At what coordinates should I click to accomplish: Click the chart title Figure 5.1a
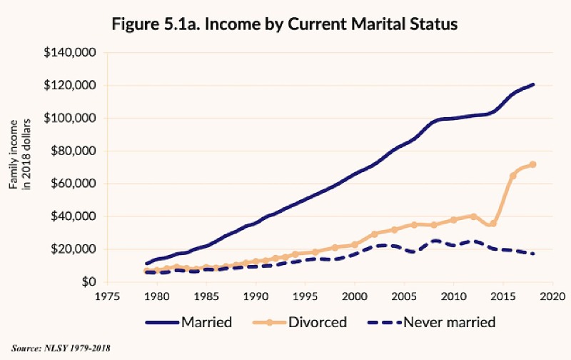pyautogui.click(x=285, y=23)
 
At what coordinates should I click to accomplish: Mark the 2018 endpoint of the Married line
pyautogui.click(x=533, y=85)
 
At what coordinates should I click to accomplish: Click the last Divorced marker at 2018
pyautogui.click(x=532, y=164)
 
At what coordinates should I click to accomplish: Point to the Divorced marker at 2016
pyautogui.click(x=512, y=175)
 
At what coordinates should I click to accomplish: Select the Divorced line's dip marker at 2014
pyautogui.click(x=493, y=223)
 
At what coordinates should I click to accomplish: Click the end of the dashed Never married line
pyautogui.click(x=533, y=254)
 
